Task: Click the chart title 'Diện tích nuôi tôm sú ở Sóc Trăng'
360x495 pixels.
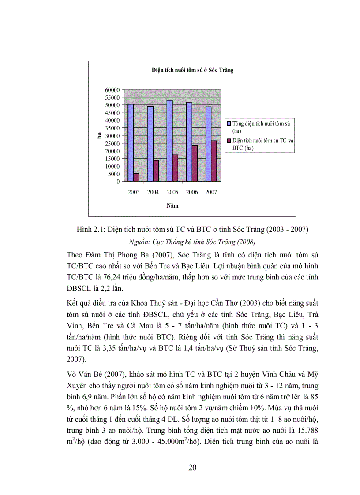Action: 192,70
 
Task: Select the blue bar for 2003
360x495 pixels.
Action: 131,142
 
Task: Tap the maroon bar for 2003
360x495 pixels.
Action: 136,177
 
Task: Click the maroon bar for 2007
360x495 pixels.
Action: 214,161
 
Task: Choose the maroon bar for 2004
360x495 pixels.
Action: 156,171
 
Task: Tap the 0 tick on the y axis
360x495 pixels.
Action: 118,182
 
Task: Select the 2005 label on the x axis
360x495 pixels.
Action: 172,192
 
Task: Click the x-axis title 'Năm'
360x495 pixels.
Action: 172,205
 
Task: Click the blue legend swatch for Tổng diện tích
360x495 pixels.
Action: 229,124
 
